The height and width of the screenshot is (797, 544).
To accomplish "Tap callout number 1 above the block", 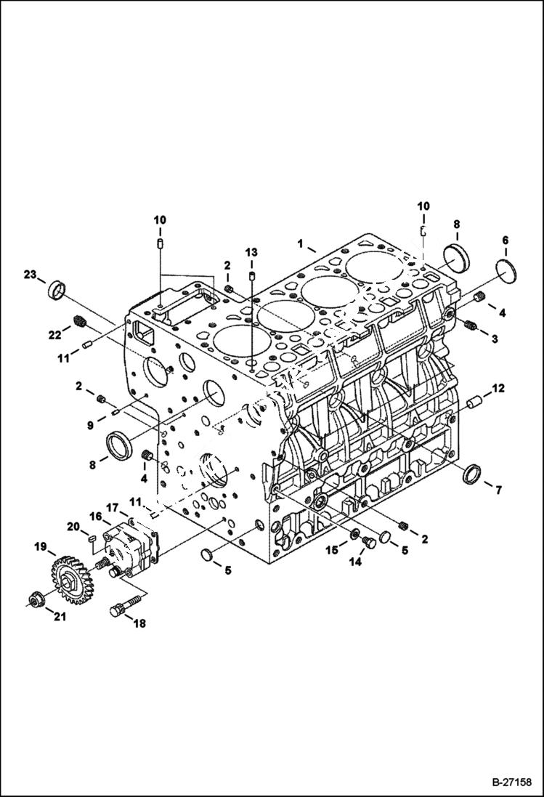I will click(299, 241).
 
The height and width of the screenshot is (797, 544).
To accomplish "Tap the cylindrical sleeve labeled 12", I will click(476, 400).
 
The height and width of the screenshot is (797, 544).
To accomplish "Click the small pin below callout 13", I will click(251, 276).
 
